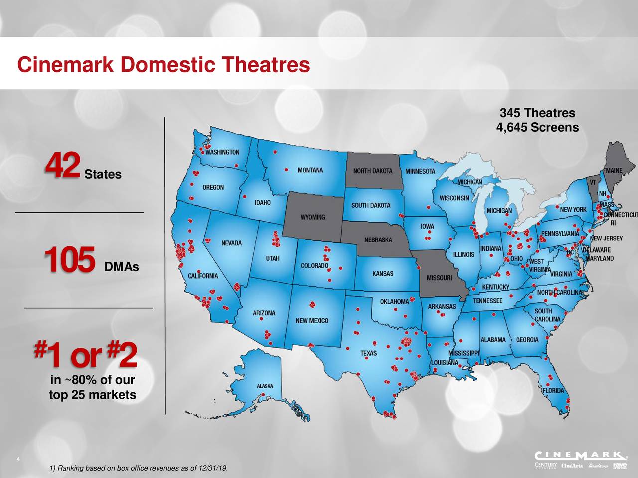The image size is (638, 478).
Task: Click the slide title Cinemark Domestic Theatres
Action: click(x=163, y=65)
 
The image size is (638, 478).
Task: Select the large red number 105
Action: click(x=69, y=260)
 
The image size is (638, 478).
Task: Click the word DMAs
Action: click(x=122, y=268)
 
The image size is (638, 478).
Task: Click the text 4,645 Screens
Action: click(x=537, y=128)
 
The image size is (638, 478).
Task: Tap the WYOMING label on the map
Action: click(x=313, y=217)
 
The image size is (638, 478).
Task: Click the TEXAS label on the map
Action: click(x=368, y=353)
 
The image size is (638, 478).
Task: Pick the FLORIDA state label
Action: click(x=553, y=391)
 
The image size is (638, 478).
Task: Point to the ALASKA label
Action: click(x=265, y=386)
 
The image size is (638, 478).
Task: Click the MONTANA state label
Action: click(x=310, y=170)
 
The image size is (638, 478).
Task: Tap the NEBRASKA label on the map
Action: click(x=378, y=239)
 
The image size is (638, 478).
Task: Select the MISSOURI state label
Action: click(x=439, y=277)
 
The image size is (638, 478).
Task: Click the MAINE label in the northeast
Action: click(x=614, y=170)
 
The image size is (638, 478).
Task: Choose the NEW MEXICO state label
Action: click(x=312, y=320)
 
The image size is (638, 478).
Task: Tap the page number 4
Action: click(x=18, y=459)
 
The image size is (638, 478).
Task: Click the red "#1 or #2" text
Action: click(x=85, y=354)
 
